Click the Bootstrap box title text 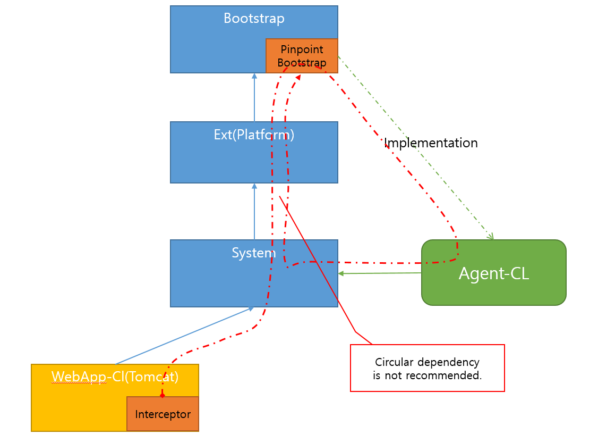point(254,18)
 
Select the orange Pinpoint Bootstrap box point(302,56)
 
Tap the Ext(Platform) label point(254,135)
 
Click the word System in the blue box point(254,253)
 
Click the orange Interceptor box point(163,414)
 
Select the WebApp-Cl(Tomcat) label point(115,377)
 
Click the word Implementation point(431,143)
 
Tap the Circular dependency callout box point(427,368)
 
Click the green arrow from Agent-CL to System point(380,273)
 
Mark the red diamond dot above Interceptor point(163,396)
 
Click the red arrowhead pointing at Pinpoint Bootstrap point(298,77)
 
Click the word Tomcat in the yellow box point(155,377)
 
